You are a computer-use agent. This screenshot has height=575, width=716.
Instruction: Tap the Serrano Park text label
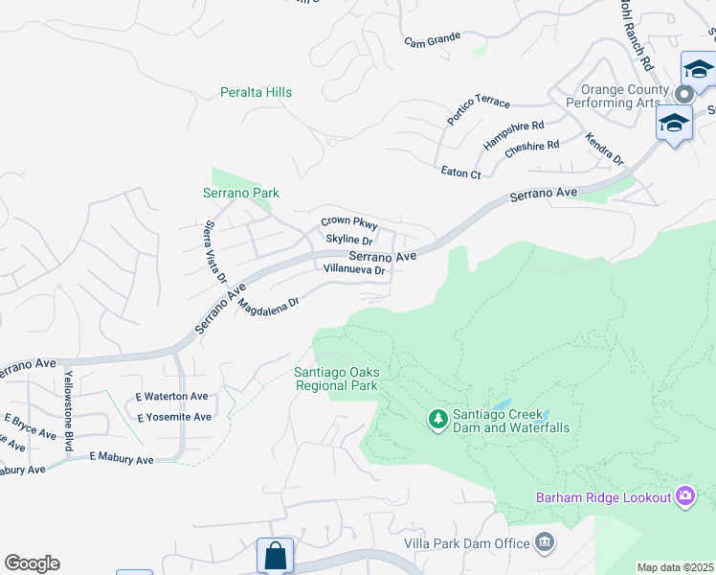[241, 193]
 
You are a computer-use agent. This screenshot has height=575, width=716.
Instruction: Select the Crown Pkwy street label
[349, 221]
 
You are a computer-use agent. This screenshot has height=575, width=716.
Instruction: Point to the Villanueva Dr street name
[354, 270]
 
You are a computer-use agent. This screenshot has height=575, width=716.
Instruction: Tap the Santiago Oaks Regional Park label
[335, 379]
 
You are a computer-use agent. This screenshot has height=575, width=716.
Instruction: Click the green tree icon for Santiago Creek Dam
[438, 419]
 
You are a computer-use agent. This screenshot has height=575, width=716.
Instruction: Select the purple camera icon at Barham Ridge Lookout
[685, 495]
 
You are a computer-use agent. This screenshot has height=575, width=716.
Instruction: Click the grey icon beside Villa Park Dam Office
[545, 543]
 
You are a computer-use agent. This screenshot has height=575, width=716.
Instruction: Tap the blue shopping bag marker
[275, 555]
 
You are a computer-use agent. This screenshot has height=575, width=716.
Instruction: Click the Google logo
[32, 563]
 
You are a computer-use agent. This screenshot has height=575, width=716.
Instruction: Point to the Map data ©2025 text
[675, 567]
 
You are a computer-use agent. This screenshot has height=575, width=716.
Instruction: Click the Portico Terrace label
[479, 111]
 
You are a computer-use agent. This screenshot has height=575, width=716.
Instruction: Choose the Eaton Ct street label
[460, 173]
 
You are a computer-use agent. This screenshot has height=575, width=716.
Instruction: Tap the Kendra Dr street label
[604, 149]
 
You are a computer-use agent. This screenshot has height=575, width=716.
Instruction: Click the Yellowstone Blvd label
[68, 409]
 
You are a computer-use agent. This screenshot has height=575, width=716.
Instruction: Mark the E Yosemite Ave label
[173, 417]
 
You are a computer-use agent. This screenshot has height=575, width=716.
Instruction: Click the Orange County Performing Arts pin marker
[684, 94]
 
